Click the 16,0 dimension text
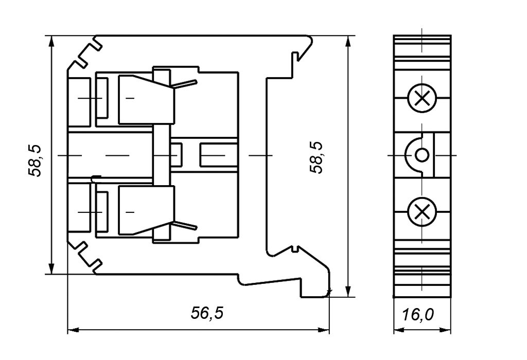(417, 314)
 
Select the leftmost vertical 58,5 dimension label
(35, 160)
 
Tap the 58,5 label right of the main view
(316, 158)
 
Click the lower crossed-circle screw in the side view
(421, 211)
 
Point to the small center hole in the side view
(421, 154)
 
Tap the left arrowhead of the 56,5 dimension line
(72, 329)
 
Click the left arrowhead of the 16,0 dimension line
(397, 329)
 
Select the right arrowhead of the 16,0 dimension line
(448, 329)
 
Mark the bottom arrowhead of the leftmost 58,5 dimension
(51, 269)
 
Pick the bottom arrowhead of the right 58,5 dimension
(349, 293)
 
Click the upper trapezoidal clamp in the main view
(145, 99)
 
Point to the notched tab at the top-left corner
(87, 53)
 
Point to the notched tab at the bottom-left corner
(87, 256)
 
